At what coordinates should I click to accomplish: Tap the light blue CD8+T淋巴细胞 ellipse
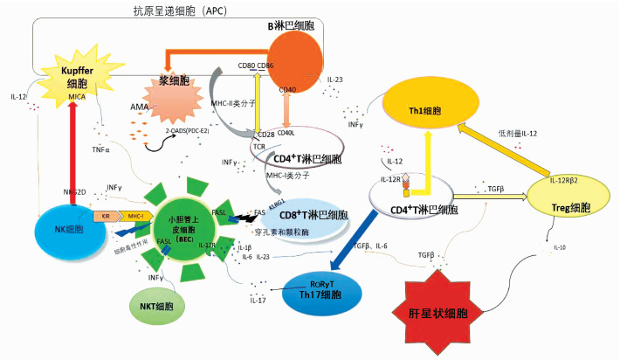[301, 216]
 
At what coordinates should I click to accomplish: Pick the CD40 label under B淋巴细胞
[287, 90]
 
